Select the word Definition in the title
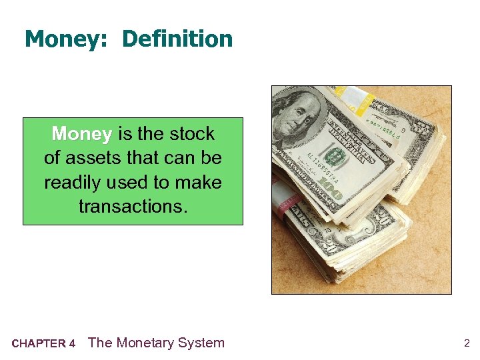(x=177, y=39)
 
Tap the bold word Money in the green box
(x=81, y=134)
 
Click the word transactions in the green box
(x=133, y=206)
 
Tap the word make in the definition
(x=198, y=182)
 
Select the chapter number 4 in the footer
(x=72, y=344)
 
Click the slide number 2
(x=467, y=344)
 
